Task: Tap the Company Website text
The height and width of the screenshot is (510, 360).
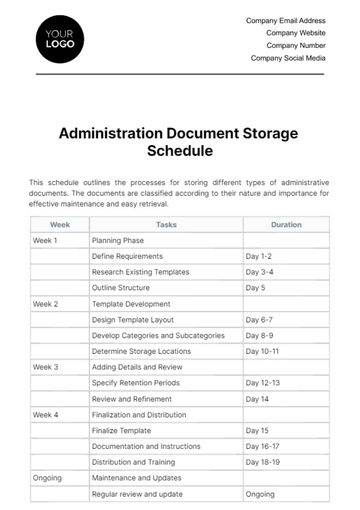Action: [297, 32]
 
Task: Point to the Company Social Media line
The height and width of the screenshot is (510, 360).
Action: [289, 58]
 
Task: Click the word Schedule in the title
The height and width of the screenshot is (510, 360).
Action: [180, 153]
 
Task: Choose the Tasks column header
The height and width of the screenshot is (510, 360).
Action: [166, 225]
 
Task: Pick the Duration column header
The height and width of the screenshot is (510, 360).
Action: [286, 225]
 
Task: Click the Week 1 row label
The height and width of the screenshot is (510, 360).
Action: [46, 241]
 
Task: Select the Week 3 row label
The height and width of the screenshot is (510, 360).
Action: [46, 367]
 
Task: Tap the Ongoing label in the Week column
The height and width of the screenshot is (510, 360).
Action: [47, 478]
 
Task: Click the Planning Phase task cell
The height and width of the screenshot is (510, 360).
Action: [119, 241]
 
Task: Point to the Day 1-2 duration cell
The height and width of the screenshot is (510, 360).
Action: [258, 257]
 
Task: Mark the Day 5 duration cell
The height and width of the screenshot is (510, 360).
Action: [255, 288]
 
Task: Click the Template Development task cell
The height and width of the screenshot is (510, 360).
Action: [131, 304]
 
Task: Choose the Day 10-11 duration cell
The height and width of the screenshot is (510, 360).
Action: [262, 351]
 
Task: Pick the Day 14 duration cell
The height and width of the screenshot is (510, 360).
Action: [257, 399]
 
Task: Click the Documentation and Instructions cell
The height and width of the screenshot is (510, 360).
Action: [146, 446]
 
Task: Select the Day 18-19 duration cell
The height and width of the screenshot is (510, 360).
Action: [262, 462]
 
